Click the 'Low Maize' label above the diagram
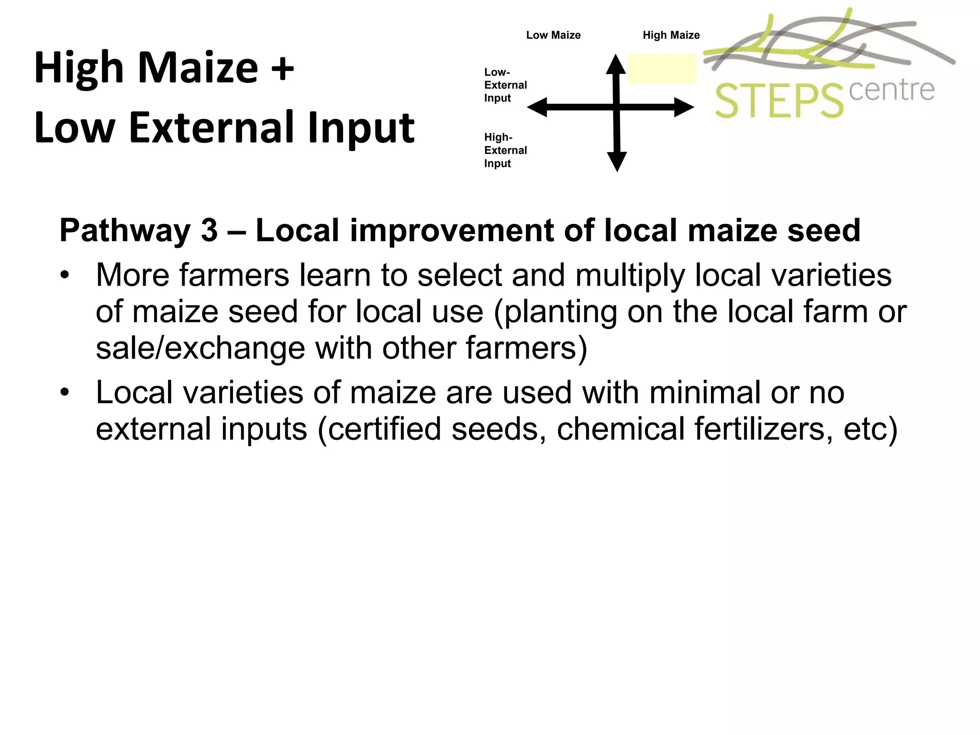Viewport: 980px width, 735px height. click(553, 35)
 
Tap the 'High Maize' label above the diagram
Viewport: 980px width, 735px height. click(671, 35)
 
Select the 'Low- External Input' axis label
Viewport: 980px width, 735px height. click(505, 85)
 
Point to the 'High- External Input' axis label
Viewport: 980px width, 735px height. click(505, 150)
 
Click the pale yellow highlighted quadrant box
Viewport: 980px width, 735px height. click(662, 69)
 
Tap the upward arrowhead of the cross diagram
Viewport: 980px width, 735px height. click(616, 65)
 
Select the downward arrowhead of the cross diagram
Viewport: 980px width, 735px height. click(617, 161)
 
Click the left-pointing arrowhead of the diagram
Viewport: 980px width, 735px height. click(537, 107)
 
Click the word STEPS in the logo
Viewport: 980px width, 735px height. click(779, 101)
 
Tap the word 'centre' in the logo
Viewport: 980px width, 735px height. click(891, 90)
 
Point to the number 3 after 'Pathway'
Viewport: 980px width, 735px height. click(209, 231)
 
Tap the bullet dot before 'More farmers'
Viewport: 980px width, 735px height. click(65, 276)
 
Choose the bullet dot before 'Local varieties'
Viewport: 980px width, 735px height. click(65, 393)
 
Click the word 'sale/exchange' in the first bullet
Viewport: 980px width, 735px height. click(200, 348)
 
